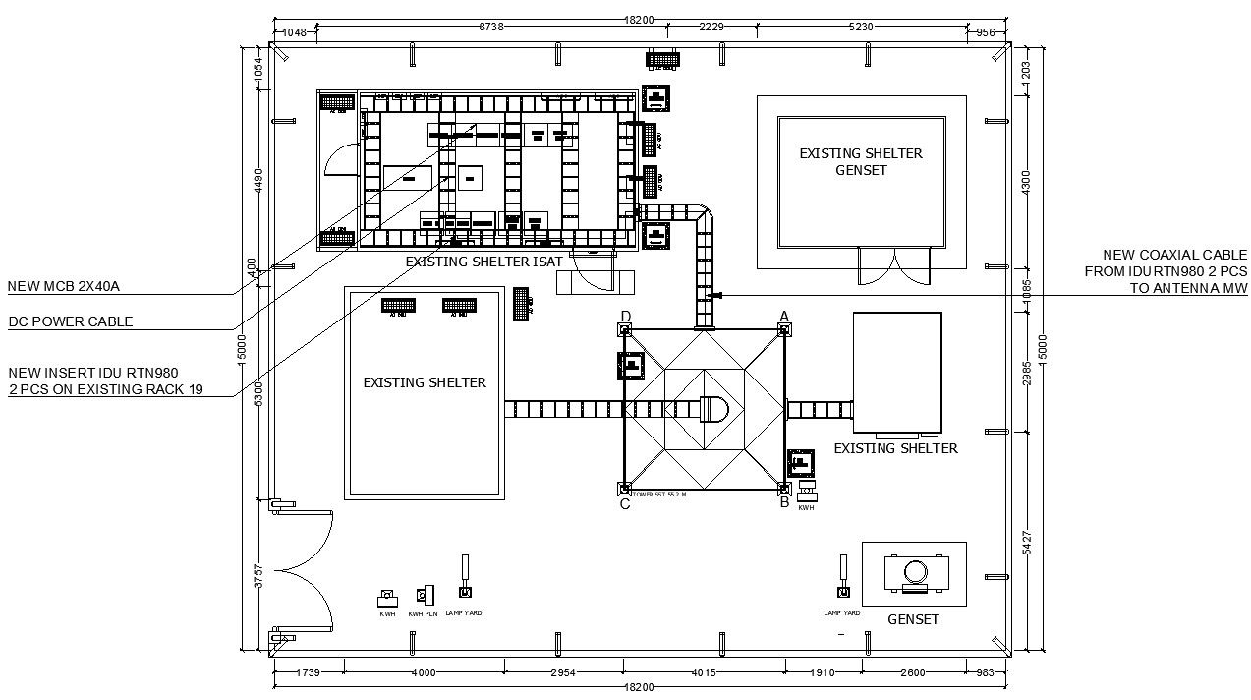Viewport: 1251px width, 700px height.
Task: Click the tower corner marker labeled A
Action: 784,329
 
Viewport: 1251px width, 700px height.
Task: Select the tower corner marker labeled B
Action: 784,489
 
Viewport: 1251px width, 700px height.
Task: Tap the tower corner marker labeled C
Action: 624,489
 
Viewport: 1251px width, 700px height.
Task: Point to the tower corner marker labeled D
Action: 625,329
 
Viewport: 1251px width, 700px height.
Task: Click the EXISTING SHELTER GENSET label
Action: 860,162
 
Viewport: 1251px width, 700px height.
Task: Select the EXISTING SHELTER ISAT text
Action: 483,262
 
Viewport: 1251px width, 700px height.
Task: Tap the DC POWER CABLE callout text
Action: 71,321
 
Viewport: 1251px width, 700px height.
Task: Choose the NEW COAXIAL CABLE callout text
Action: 1166,271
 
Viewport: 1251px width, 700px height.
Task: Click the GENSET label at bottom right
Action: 913,619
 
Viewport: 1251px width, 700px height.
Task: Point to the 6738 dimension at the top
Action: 491,28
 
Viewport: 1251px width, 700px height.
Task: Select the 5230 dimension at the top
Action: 861,28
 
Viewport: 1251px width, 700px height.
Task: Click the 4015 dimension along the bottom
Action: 704,673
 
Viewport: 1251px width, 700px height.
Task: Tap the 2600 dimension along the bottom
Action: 912,673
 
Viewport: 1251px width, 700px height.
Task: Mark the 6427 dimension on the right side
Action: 1027,543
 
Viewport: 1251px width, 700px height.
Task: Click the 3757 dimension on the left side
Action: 258,576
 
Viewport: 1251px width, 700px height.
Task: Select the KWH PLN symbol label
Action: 423,613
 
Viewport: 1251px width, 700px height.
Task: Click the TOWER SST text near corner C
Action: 659,495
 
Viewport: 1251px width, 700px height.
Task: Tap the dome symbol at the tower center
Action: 711,409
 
